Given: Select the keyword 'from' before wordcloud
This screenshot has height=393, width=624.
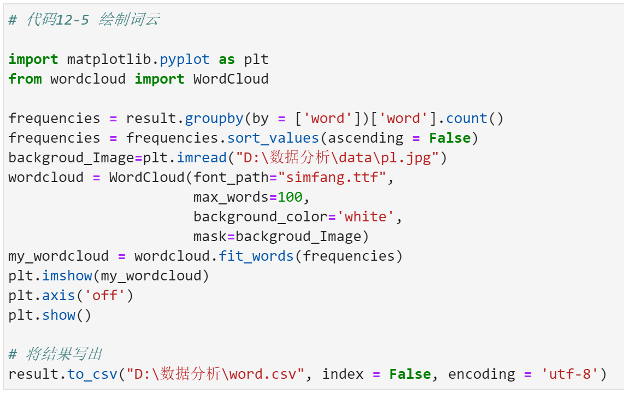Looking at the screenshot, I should point(25,79).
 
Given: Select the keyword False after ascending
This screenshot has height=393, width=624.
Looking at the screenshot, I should point(450,138).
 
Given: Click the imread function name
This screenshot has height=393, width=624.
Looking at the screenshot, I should point(202,158).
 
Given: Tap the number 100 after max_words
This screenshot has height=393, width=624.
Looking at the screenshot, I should point(290,197).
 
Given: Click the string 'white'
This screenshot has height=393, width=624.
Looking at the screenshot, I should point(365,217).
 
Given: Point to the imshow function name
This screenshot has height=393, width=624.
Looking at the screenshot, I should point(67,276).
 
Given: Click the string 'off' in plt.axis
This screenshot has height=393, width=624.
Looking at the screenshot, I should point(105,296).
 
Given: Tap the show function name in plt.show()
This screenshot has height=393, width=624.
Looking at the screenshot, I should point(58,315).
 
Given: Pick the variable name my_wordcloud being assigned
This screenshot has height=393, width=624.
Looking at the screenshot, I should point(50,256).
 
